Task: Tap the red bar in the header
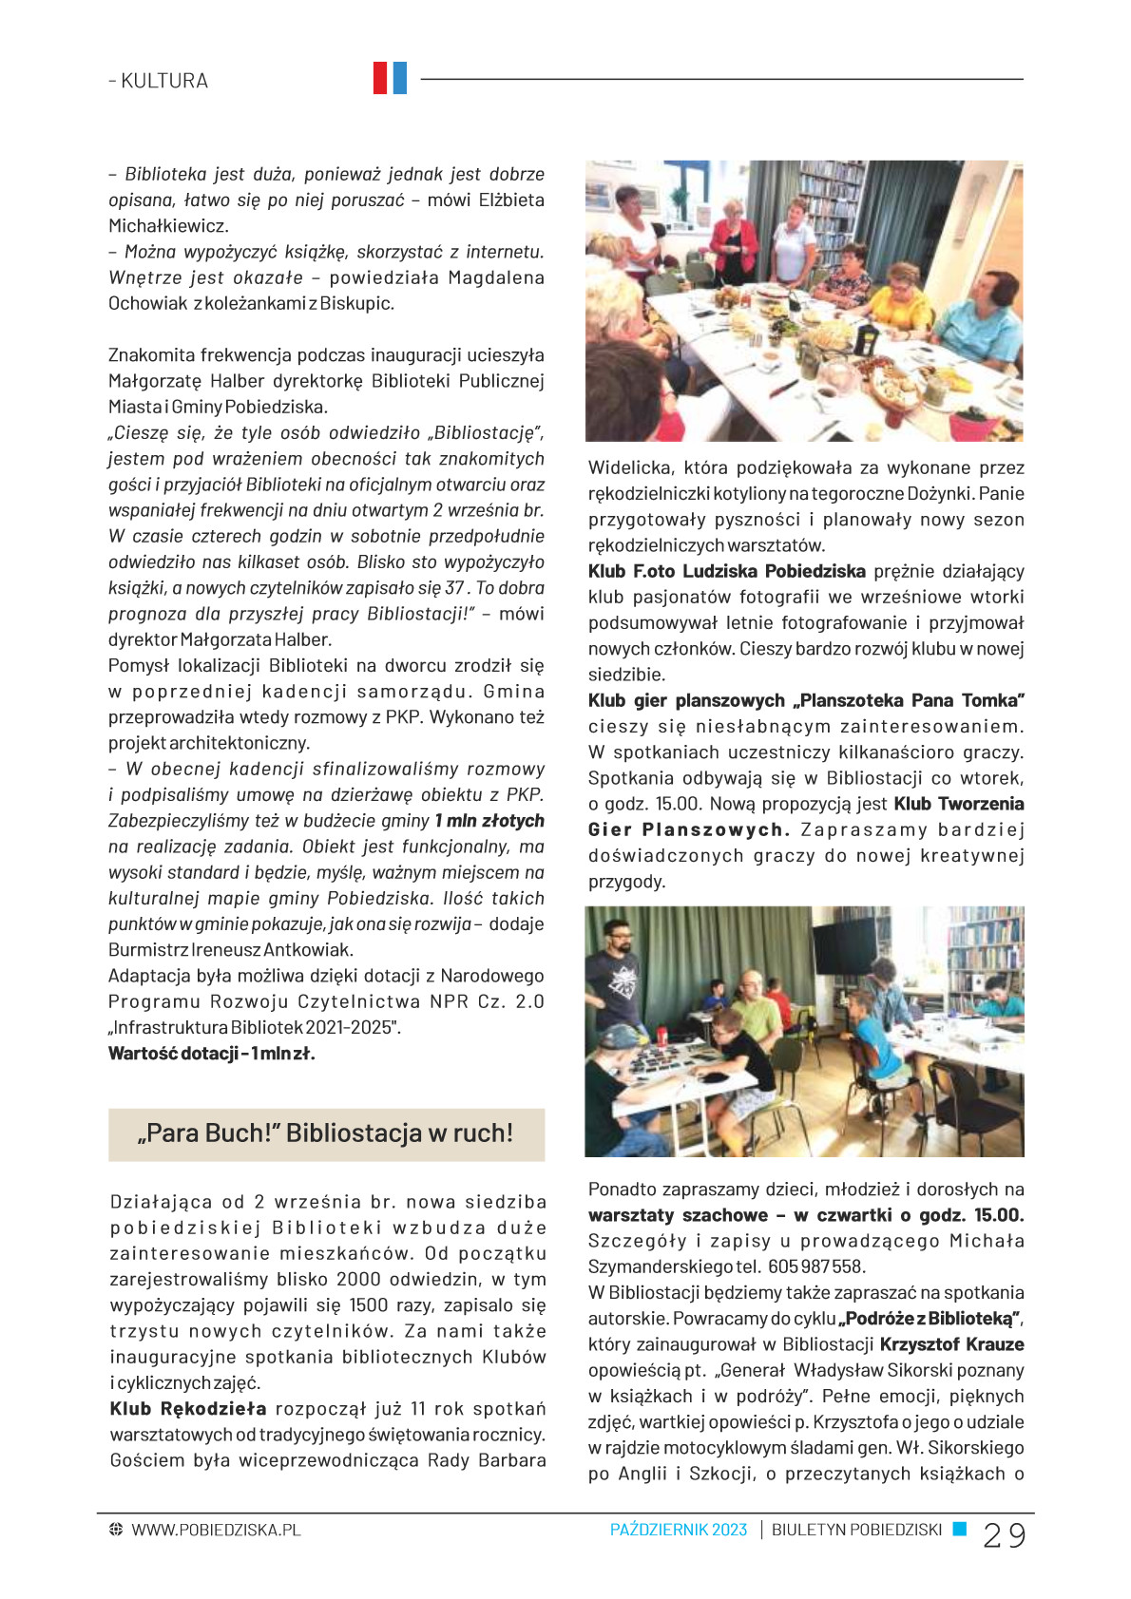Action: tap(380, 78)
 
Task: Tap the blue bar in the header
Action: tap(399, 78)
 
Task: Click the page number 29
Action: tap(1004, 1535)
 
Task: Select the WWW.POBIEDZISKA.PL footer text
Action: tap(216, 1530)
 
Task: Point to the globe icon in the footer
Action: tap(116, 1530)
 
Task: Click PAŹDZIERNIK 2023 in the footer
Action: tap(679, 1530)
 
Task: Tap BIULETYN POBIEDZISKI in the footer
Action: tap(856, 1530)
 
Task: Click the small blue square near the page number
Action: tap(960, 1529)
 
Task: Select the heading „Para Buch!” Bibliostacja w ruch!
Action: tap(326, 1133)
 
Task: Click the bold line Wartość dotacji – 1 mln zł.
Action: tap(211, 1053)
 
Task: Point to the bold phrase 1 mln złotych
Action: tap(489, 821)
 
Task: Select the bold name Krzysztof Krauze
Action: tap(951, 1344)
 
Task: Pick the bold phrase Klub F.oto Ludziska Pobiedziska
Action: tap(727, 571)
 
